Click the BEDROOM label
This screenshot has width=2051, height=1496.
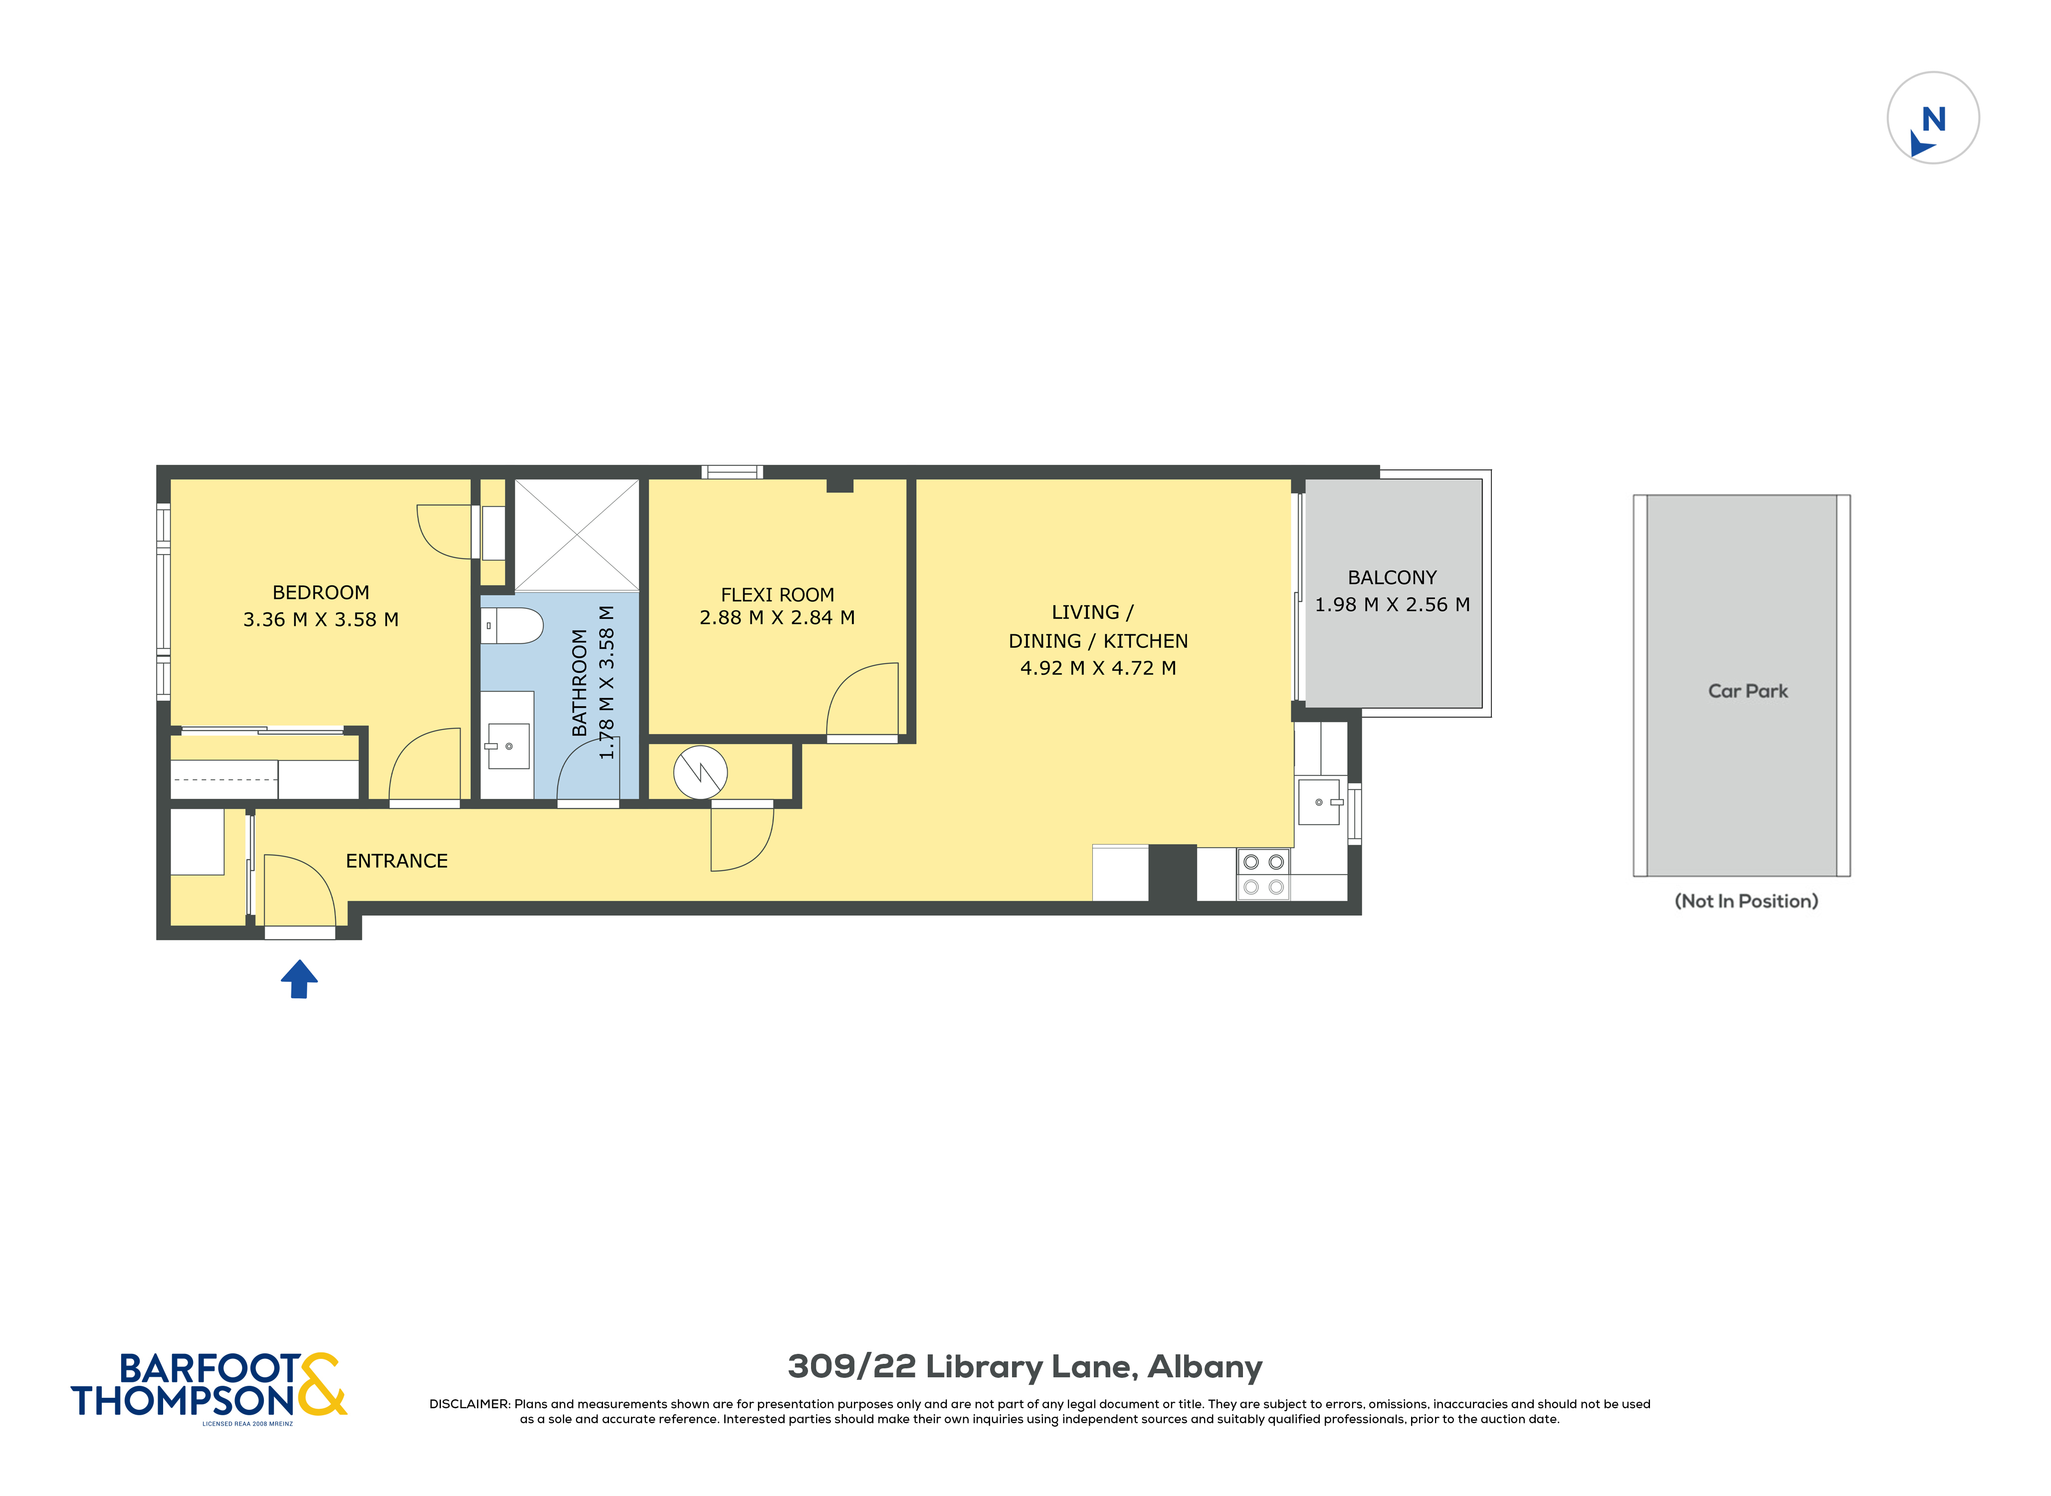point(321,593)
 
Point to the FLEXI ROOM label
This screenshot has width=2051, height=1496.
point(777,595)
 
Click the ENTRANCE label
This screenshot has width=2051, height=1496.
point(397,861)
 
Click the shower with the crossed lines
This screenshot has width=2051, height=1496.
point(577,535)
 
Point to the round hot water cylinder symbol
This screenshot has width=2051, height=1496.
point(700,772)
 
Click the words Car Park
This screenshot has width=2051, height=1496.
point(1748,692)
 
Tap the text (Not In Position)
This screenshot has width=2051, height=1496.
point(1746,901)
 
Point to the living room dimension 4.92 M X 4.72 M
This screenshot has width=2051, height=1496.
point(1097,668)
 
